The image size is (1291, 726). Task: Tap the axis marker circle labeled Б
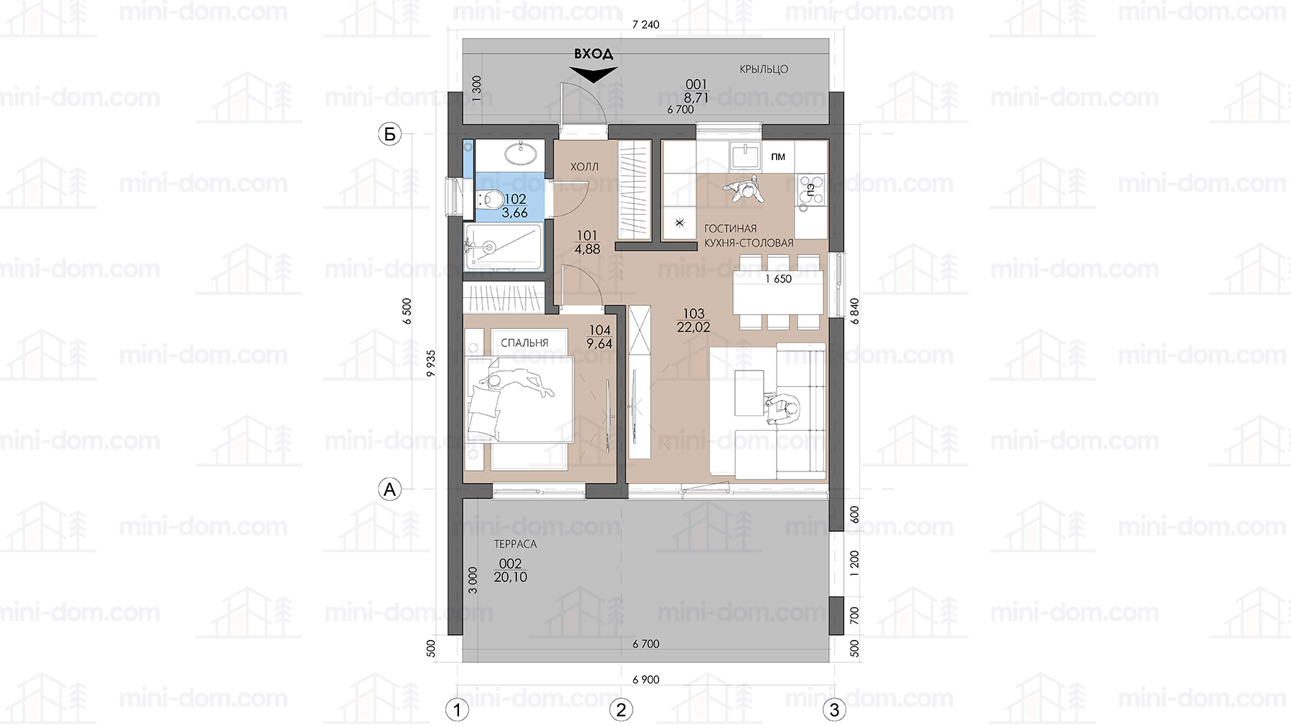(x=389, y=134)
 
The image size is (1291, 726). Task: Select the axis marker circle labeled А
(x=389, y=489)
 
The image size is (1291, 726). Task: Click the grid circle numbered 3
(x=833, y=710)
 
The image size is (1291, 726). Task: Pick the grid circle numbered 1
(x=457, y=710)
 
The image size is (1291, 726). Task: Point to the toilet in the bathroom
(x=491, y=199)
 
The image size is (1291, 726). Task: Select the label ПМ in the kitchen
(x=777, y=157)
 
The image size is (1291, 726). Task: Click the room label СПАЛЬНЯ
(x=524, y=343)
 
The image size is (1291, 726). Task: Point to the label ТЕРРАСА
(x=516, y=544)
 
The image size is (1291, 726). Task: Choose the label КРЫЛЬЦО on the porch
(x=764, y=69)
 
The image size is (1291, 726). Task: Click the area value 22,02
(x=694, y=328)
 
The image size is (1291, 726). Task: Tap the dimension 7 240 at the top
(x=645, y=24)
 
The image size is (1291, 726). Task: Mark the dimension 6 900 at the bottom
(x=645, y=679)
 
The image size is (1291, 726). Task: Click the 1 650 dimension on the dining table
(x=778, y=279)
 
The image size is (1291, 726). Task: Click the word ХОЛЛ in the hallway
(x=584, y=166)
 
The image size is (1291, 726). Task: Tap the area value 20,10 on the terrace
(x=511, y=577)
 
